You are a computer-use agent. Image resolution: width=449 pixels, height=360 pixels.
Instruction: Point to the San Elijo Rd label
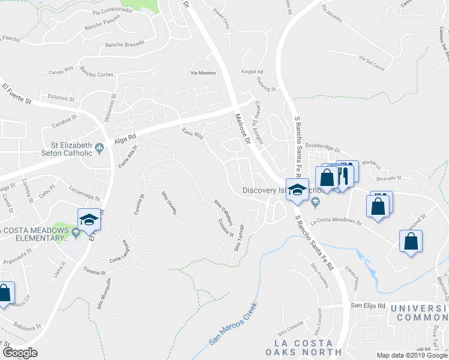tap(368, 305)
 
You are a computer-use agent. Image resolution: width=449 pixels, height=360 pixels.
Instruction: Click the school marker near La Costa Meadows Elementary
tap(89, 219)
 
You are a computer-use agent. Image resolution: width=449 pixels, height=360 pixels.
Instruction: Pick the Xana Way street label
tap(193, 133)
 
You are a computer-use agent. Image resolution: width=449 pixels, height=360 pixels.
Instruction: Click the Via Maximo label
tap(203, 73)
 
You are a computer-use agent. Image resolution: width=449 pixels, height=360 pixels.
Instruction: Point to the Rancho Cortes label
tap(97, 74)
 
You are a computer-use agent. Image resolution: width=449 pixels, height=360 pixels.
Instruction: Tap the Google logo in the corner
tap(20, 353)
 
